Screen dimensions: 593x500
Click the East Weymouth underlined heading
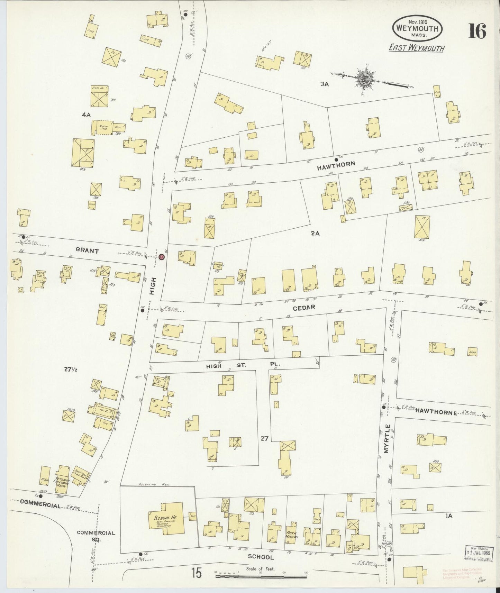click(416, 48)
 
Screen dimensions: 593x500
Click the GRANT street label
click(87, 251)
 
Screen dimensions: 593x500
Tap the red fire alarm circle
click(161, 257)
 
